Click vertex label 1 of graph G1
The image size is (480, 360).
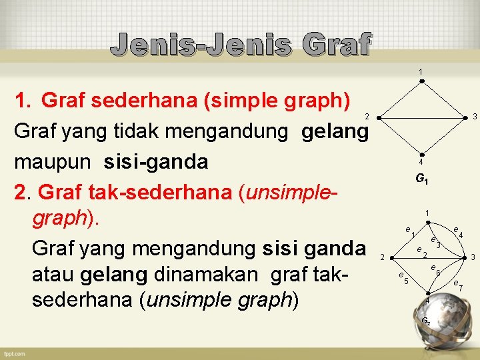pyautogui.click(x=421, y=72)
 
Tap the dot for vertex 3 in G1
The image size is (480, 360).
pyautogui.click(x=465, y=117)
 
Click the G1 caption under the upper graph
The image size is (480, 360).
pyautogui.click(x=421, y=179)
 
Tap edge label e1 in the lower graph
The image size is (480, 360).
pyautogui.click(x=410, y=231)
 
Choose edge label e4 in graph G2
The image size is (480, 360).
pyautogui.click(x=457, y=233)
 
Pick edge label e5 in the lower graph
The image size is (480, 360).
pyautogui.click(x=403, y=278)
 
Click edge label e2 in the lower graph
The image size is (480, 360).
pyautogui.click(x=421, y=252)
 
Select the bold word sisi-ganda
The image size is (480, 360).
pyautogui.click(x=156, y=162)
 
